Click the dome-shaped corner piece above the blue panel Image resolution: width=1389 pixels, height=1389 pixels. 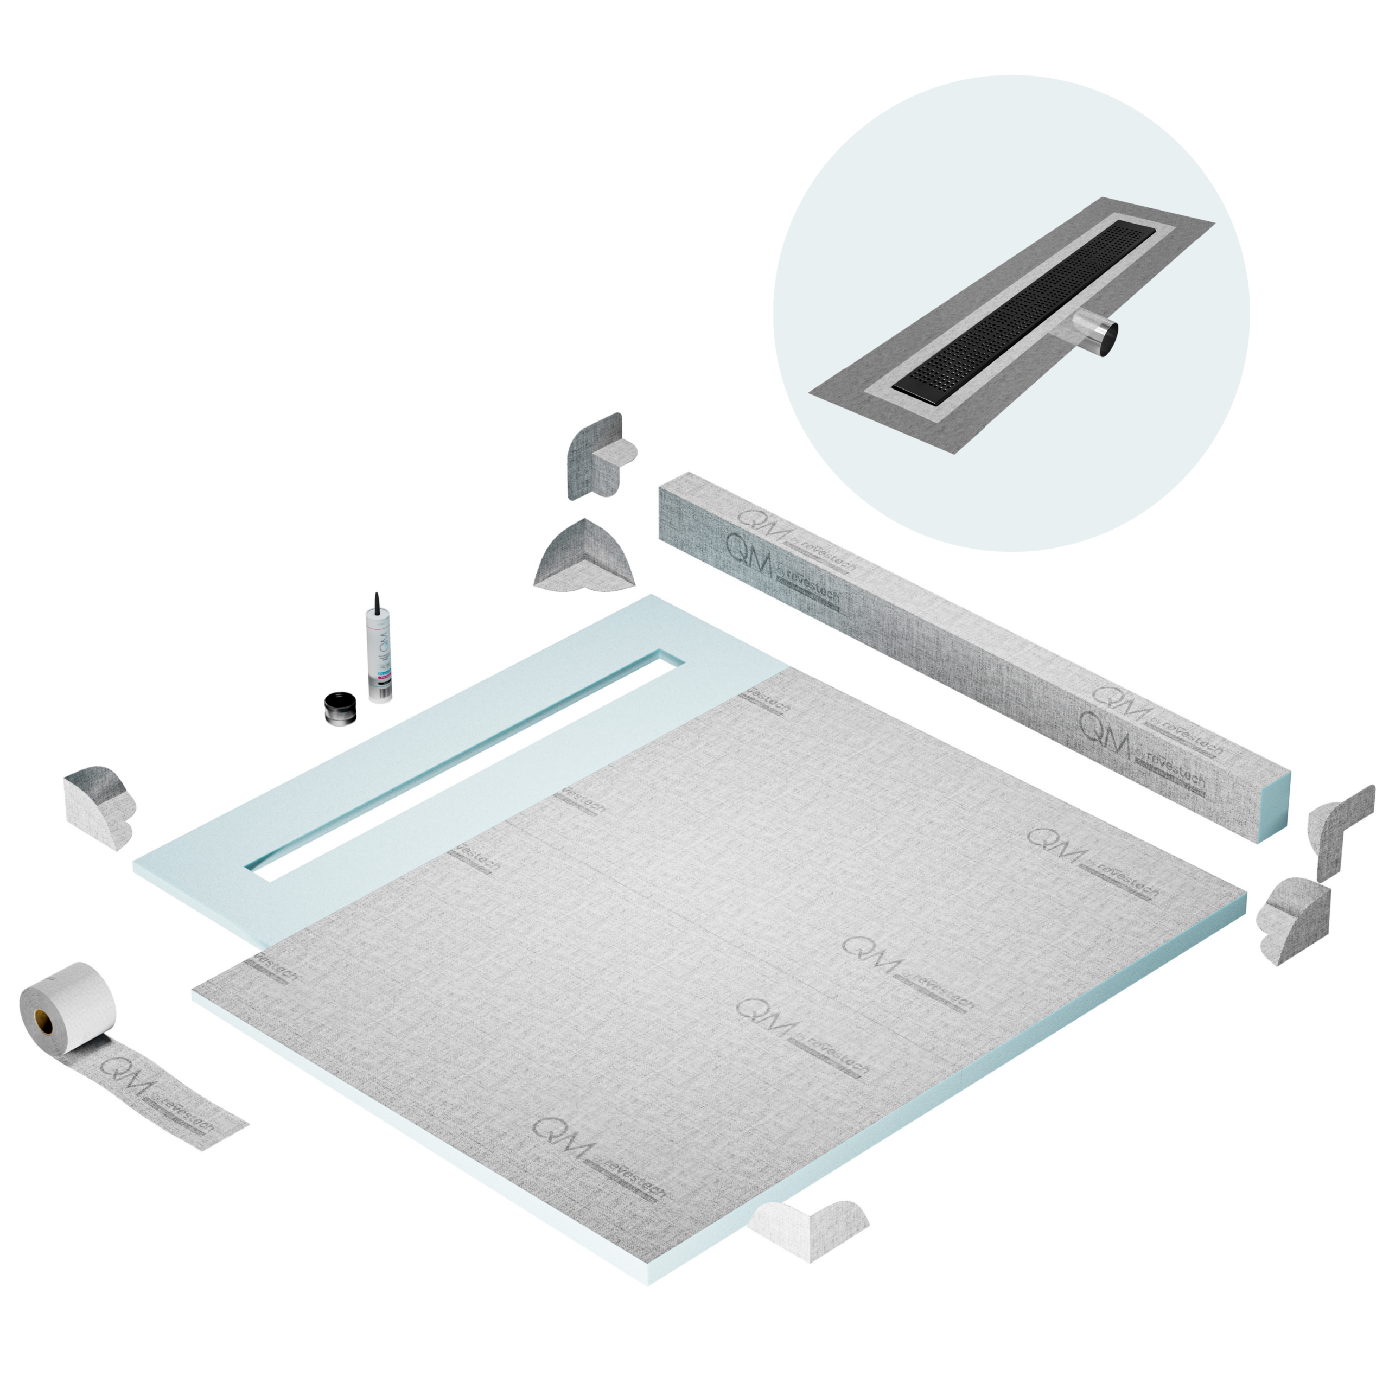tap(585, 555)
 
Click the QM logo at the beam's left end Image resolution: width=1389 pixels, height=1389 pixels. tap(748, 544)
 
